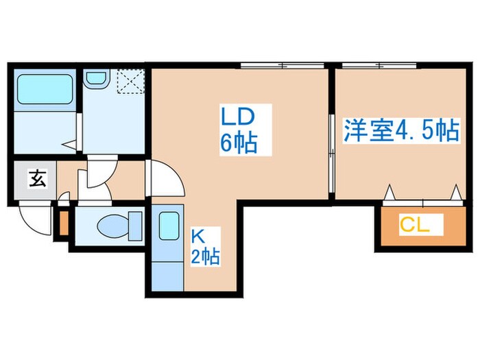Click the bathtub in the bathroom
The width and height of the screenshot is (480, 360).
[x=45, y=91]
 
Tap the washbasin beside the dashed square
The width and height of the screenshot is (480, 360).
[x=96, y=80]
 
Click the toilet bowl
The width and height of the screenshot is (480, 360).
[x=113, y=224]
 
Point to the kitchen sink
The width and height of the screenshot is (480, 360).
[x=169, y=226]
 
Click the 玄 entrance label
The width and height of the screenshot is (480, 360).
[x=36, y=180]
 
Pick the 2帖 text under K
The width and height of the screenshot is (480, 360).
[x=205, y=258]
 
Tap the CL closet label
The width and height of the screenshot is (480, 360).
[x=415, y=224]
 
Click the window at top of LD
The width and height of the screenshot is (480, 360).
[x=281, y=65]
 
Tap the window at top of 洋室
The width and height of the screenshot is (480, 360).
[x=374, y=65]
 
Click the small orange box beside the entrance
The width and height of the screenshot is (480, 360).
[x=64, y=223]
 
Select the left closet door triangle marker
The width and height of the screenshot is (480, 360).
[x=391, y=193]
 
